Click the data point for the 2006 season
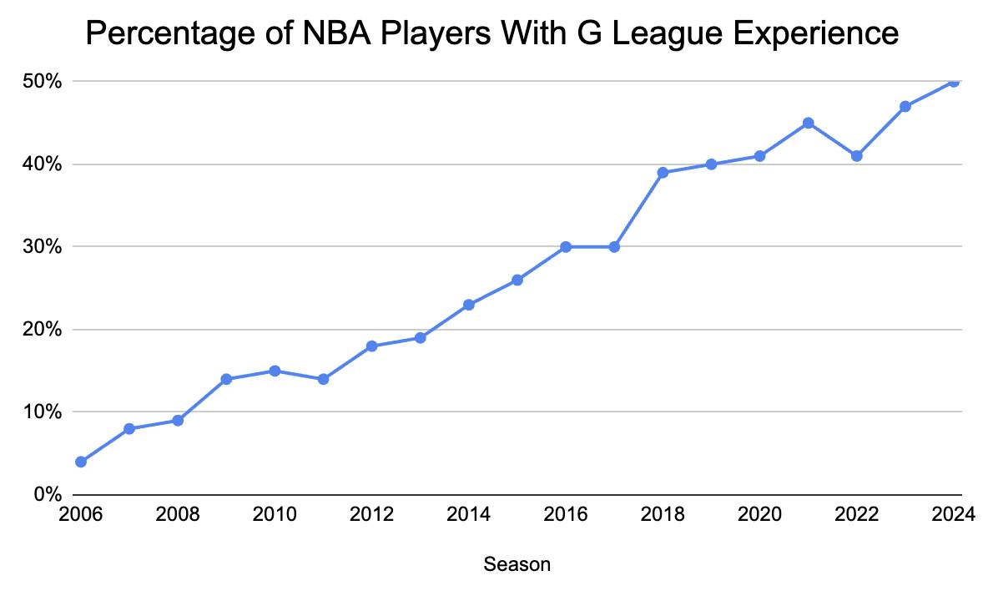(x=81, y=462)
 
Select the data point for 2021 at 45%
(x=808, y=123)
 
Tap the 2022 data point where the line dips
(x=856, y=156)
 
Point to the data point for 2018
(x=663, y=173)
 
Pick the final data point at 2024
(x=954, y=82)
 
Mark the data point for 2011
(x=323, y=379)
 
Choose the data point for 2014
(x=469, y=305)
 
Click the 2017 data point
(x=614, y=247)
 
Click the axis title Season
(x=517, y=565)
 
